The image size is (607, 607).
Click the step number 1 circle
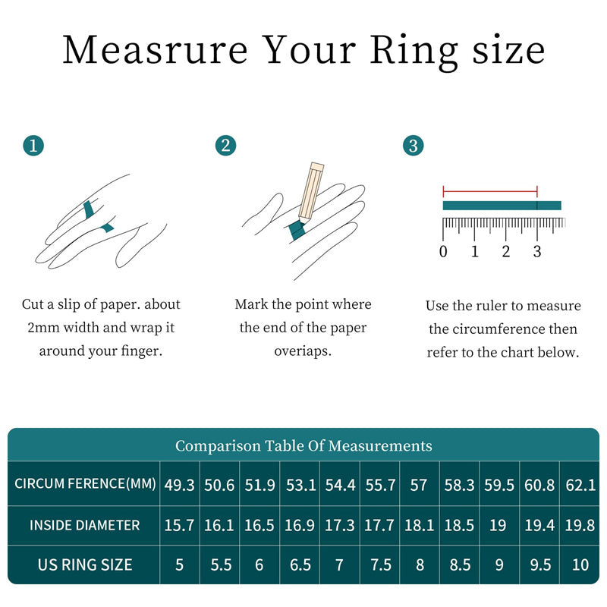click(33, 146)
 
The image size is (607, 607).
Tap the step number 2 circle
click(225, 146)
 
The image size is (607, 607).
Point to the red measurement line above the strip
click(490, 191)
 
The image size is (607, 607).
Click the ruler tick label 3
click(537, 252)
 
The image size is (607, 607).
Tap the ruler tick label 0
click(444, 252)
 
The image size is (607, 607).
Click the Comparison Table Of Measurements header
click(303, 445)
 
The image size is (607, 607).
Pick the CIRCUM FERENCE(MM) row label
click(85, 484)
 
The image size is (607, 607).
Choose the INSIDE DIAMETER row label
click(85, 525)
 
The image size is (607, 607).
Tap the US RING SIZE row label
click(85, 565)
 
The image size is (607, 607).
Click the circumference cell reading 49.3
click(180, 485)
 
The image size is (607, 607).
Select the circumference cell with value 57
click(419, 485)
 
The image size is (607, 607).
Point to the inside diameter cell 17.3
click(339, 525)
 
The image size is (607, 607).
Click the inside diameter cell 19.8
click(580, 525)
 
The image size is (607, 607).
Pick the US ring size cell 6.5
click(300, 565)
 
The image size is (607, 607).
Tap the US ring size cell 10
click(580, 565)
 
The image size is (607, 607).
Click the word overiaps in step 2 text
click(303, 352)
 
